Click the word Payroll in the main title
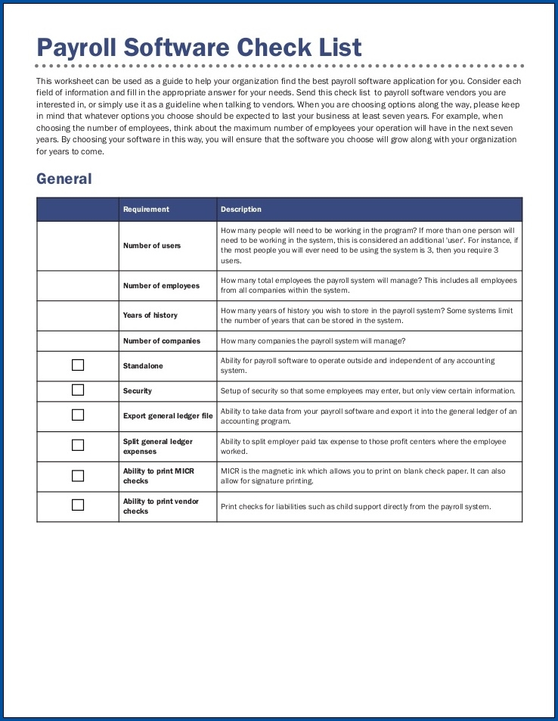[x=76, y=48]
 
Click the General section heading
[x=64, y=179]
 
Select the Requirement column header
[x=146, y=210]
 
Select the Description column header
[x=241, y=210]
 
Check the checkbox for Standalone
[x=78, y=365]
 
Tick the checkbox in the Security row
[x=78, y=390]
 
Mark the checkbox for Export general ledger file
[x=78, y=415]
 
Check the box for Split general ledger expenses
[x=78, y=446]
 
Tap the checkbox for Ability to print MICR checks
[x=78, y=476]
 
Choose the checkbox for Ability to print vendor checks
[x=78, y=505]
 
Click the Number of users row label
[x=152, y=246]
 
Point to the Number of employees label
[x=161, y=286]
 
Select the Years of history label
[x=150, y=315]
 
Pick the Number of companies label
[x=162, y=341]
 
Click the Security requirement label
[x=138, y=391]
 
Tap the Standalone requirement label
[x=143, y=366]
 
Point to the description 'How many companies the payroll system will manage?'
[x=313, y=341]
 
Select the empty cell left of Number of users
[x=78, y=246]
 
